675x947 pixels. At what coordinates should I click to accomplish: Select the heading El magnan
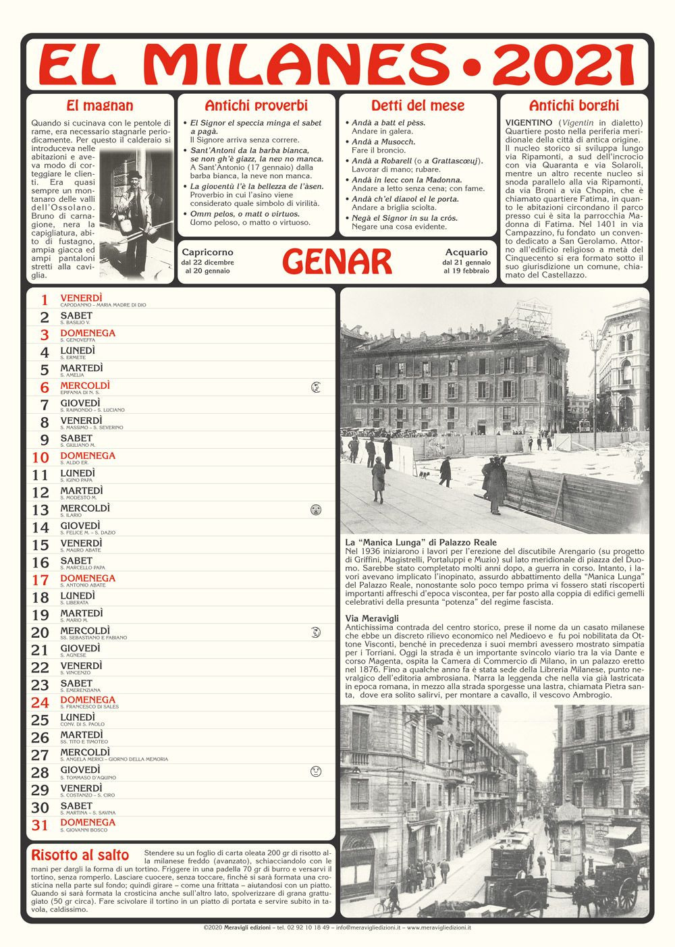point(100,105)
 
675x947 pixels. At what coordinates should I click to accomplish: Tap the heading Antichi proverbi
point(256,105)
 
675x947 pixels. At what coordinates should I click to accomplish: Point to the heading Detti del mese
point(418,105)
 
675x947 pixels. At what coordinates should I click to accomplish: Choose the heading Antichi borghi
point(574,105)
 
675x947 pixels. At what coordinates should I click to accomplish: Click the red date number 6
point(45,387)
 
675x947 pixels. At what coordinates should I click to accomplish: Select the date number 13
point(40,510)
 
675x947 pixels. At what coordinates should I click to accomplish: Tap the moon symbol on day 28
point(315,771)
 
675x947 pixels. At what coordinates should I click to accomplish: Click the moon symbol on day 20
point(315,632)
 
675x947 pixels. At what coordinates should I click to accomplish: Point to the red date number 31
point(40,825)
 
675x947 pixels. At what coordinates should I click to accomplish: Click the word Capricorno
point(207,252)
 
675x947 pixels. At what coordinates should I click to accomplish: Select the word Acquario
point(466,252)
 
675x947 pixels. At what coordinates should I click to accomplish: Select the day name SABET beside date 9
point(76,438)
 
